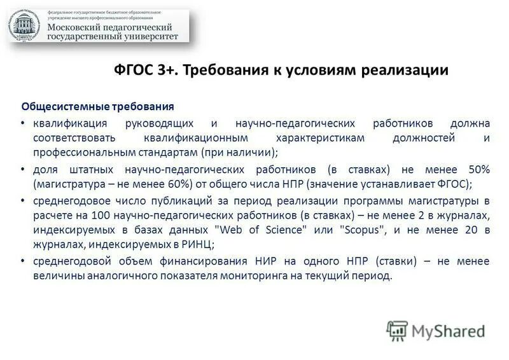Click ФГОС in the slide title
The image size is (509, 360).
pos(131,70)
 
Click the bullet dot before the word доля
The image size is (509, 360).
pos(23,170)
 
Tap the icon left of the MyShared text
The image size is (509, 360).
pos(396,330)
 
